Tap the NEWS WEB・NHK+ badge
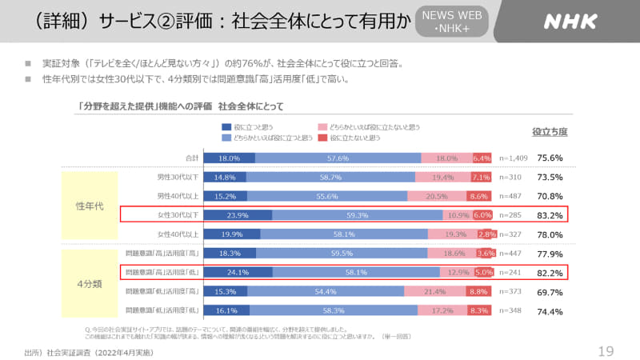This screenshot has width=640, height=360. [x=452, y=22]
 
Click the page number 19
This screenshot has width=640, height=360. [x=606, y=350]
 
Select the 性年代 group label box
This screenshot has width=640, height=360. [x=89, y=205]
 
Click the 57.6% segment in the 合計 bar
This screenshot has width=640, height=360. [x=338, y=158]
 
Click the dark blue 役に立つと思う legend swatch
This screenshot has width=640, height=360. [x=226, y=127]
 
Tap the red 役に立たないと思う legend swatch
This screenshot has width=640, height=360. [x=322, y=137]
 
